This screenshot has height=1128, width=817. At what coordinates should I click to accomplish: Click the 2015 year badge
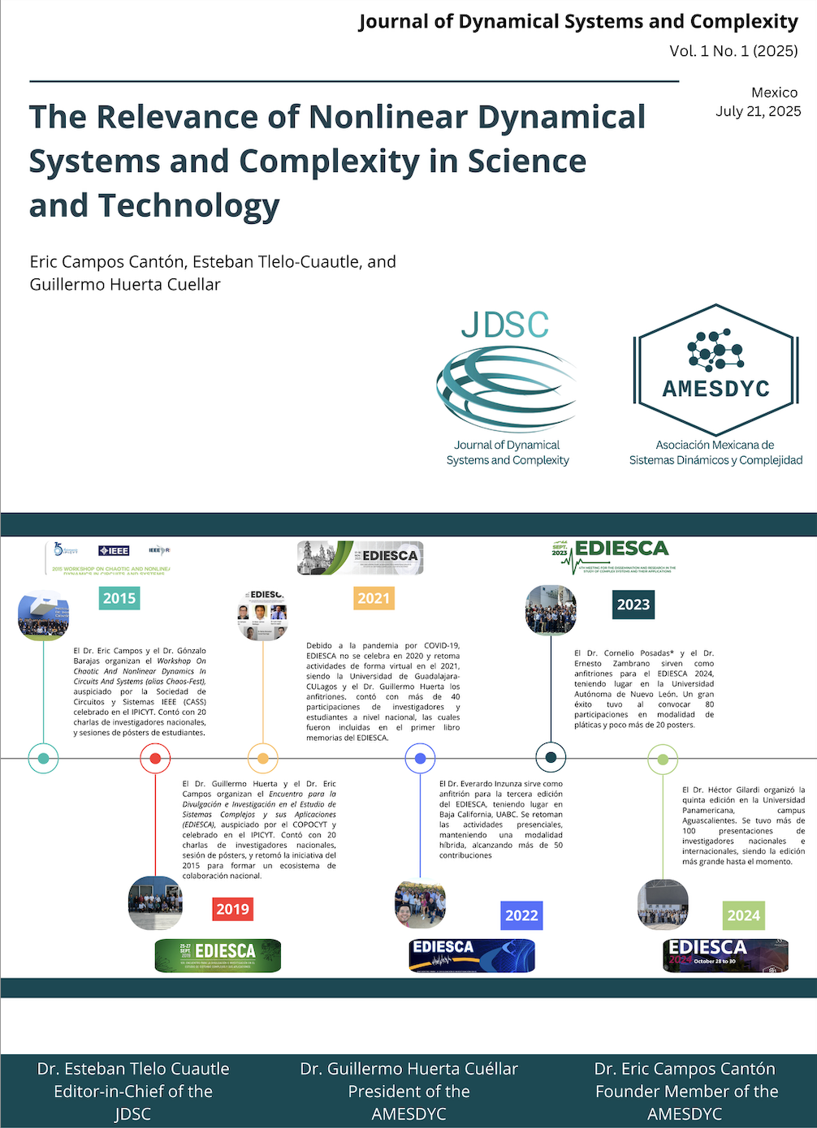[x=119, y=598]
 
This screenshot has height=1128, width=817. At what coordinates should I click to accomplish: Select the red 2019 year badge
[x=232, y=909]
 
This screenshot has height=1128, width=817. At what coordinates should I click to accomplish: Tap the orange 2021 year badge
[x=374, y=598]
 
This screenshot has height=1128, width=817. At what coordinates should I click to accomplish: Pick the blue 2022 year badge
[x=521, y=915]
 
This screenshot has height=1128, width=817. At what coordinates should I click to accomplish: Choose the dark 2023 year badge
[x=633, y=604]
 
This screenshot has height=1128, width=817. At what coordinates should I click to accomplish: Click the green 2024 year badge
[x=744, y=915]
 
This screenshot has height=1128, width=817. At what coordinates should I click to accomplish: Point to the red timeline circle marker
[x=155, y=759]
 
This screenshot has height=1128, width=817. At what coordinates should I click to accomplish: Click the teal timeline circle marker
[x=43, y=759]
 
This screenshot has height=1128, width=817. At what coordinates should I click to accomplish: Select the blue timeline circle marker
[x=420, y=759]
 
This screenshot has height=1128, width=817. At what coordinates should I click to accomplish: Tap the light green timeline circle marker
[x=663, y=759]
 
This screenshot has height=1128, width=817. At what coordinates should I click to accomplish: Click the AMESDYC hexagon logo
[x=715, y=369]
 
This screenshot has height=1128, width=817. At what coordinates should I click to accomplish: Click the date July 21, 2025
[x=758, y=111]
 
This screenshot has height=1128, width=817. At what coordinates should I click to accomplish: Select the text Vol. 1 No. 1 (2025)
[x=733, y=51]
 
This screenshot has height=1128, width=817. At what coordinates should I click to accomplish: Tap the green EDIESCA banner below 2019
[x=218, y=955]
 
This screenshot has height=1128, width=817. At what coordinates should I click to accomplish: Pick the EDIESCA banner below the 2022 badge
[x=472, y=955]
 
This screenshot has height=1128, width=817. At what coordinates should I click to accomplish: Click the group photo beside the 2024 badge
[x=663, y=904]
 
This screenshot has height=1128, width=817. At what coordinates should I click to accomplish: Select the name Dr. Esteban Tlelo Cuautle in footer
[x=133, y=1069]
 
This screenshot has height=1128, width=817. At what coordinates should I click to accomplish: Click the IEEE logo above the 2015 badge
[x=114, y=550]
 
